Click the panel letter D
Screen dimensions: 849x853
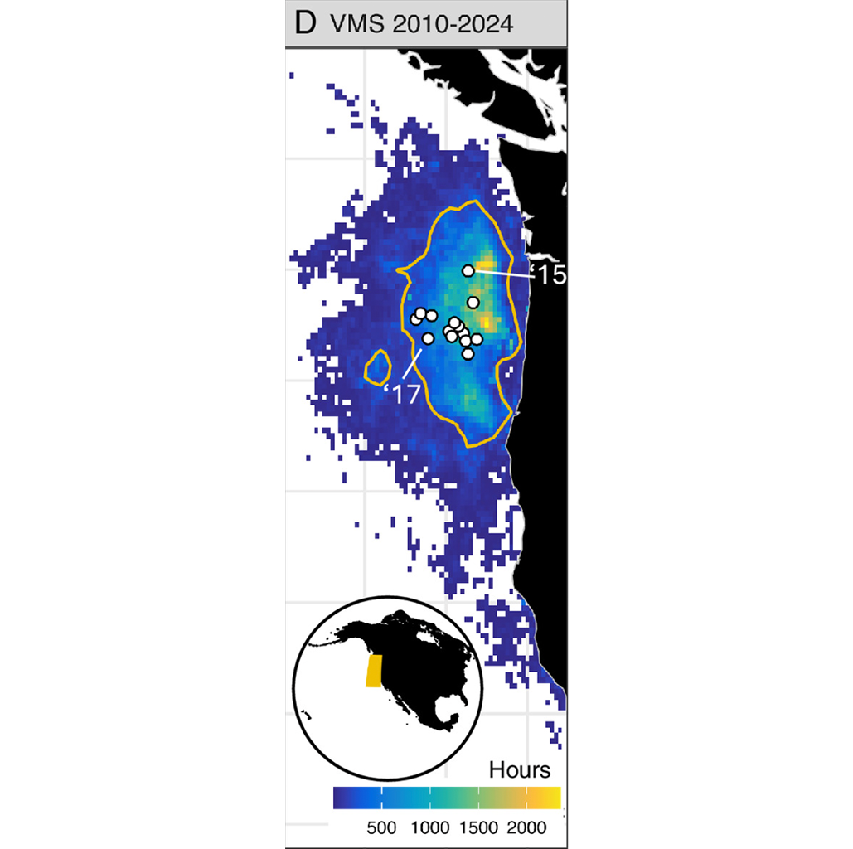[x=305, y=23]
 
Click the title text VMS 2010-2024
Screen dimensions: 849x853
[x=421, y=24]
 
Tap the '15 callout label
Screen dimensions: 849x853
[x=551, y=275]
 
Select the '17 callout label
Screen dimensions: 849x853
[x=405, y=395]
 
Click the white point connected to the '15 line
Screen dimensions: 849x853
[x=468, y=270]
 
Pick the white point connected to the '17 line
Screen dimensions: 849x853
[x=428, y=338]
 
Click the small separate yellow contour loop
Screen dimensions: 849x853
[x=379, y=367]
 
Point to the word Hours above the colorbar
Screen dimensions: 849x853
[x=519, y=769]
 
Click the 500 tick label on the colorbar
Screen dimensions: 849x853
[x=382, y=827]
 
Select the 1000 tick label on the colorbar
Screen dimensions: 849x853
[x=429, y=827]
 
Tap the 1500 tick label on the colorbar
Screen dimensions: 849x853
[x=478, y=827]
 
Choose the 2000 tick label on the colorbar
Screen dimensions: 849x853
[x=526, y=827]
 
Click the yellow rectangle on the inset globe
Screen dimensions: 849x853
[x=374, y=671]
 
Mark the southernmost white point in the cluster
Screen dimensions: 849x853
[x=468, y=354]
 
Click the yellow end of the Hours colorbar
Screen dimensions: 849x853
[x=554, y=797]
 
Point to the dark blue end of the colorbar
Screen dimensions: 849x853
[x=340, y=797]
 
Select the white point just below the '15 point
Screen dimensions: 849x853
[x=473, y=303]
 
